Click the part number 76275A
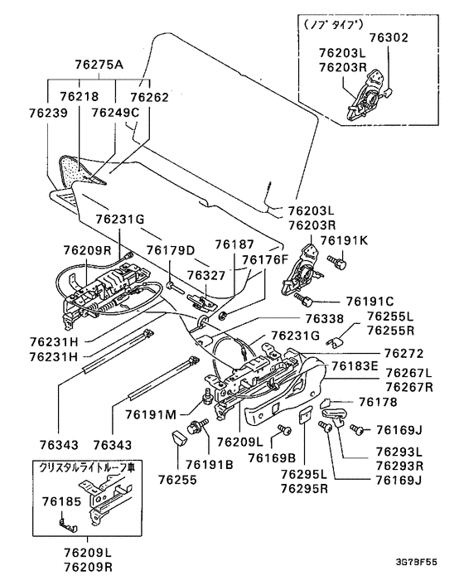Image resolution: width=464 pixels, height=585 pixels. pyautogui.click(x=99, y=65)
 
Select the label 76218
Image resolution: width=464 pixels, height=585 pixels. pyautogui.click(x=80, y=97)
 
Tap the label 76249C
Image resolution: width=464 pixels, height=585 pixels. pyautogui.click(x=115, y=113)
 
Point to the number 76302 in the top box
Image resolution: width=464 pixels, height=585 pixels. pyautogui.click(x=389, y=37)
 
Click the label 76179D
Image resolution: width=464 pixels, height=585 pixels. pyautogui.click(x=171, y=250)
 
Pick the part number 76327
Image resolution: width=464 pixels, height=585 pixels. pyautogui.click(x=206, y=275)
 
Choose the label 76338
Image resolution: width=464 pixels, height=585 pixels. pyautogui.click(x=325, y=318)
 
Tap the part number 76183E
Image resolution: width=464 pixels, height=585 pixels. pyautogui.click(x=355, y=366)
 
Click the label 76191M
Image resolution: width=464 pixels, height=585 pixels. pyautogui.click(x=151, y=414)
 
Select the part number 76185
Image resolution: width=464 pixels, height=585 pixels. pyautogui.click(x=61, y=502)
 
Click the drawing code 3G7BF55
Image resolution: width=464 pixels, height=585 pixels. pyautogui.click(x=416, y=563)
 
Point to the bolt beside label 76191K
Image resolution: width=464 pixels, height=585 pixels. pyautogui.click(x=337, y=263)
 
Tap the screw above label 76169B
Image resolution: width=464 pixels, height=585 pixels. pyautogui.click(x=285, y=430)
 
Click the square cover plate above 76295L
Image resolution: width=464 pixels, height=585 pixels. pyautogui.click(x=306, y=415)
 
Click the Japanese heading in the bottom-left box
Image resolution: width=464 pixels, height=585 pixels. pyautogui.click(x=87, y=468)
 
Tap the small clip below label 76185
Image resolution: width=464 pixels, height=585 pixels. pyautogui.click(x=68, y=525)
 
